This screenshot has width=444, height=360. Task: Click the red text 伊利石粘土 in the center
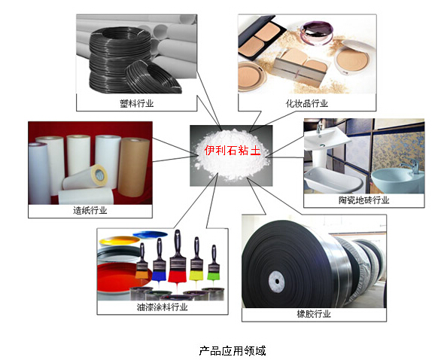[233, 150]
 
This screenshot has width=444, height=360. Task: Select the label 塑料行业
[136, 103]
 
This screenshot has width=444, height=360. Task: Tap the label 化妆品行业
[307, 103]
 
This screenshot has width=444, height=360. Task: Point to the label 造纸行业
[90, 210]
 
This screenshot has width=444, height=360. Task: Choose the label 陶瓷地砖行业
[364, 200]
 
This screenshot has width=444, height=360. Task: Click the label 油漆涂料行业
[162, 307]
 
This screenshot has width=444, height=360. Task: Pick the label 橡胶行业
[314, 314]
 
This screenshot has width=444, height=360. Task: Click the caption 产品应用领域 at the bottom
[233, 351]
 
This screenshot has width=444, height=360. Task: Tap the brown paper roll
[134, 167]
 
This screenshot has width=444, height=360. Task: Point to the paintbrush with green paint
[214, 263]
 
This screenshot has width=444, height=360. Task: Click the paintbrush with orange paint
[141, 261]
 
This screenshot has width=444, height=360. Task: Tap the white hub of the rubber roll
[276, 282]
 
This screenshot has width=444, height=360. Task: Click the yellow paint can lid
[120, 241]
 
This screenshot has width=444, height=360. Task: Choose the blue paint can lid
[150, 235]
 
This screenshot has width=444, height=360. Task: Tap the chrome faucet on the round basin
[411, 164]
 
